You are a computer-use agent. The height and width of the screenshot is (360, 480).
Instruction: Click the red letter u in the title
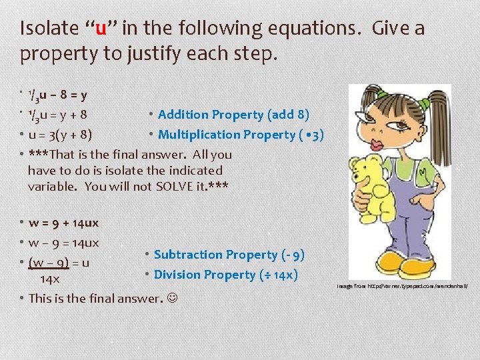click(101, 29)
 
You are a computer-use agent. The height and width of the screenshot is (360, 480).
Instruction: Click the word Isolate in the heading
click(47, 29)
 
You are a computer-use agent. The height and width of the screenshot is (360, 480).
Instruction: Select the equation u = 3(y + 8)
click(61, 135)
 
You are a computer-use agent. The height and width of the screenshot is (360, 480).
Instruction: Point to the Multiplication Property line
click(241, 135)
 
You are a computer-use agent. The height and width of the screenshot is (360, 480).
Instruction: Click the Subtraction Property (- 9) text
click(229, 255)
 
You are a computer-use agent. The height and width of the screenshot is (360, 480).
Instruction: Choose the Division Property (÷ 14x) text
click(225, 275)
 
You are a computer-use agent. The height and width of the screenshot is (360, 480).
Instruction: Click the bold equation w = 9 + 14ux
click(64, 223)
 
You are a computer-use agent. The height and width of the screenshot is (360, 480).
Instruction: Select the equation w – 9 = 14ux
click(64, 242)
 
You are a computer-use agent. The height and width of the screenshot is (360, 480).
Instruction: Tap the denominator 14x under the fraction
click(50, 279)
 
